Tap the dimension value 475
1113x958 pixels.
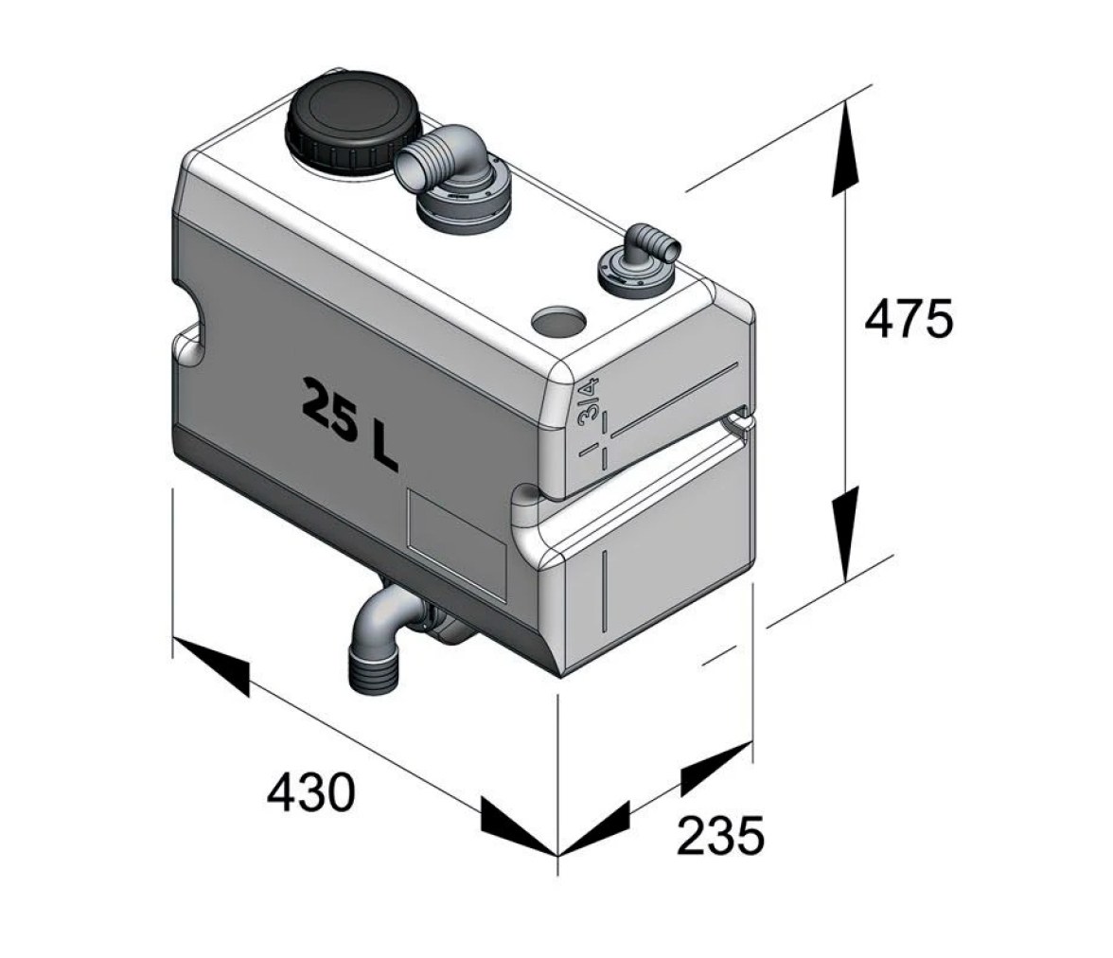(909, 320)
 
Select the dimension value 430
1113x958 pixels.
(310, 793)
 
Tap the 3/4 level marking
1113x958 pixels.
(589, 402)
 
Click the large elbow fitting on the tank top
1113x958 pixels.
(451, 178)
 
